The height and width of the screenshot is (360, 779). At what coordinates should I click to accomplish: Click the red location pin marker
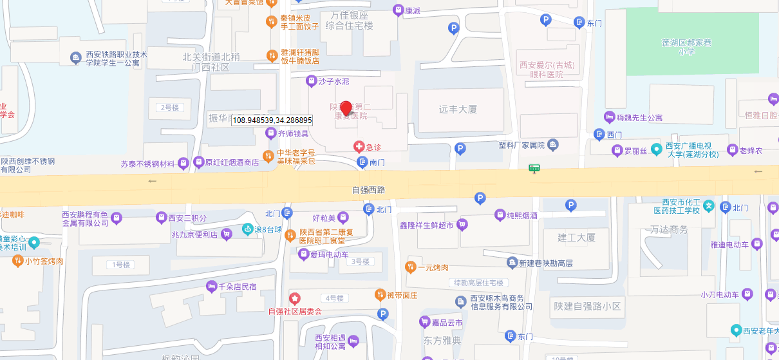(x=346, y=108)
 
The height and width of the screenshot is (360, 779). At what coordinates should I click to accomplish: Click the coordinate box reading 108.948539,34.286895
(x=272, y=120)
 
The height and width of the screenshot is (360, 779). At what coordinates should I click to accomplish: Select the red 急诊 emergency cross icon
(x=359, y=147)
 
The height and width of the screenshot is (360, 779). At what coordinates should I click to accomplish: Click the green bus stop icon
(x=534, y=168)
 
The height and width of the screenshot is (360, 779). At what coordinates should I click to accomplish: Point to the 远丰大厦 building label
(x=458, y=109)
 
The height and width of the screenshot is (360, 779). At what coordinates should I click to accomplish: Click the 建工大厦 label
(x=577, y=238)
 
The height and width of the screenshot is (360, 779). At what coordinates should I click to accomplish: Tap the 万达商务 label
(x=669, y=229)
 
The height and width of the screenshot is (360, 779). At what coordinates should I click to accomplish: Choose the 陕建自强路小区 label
(x=588, y=307)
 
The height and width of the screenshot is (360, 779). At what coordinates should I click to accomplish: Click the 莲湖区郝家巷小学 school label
(x=686, y=47)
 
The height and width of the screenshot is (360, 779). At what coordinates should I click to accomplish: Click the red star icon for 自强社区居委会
(x=295, y=298)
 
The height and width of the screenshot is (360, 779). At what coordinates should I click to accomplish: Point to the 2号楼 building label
(x=171, y=107)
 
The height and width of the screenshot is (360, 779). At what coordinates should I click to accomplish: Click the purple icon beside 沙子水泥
(x=311, y=81)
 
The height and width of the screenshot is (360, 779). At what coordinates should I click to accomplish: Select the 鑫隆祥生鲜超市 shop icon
(x=462, y=225)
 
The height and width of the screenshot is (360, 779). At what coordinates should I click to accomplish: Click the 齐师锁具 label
(x=293, y=133)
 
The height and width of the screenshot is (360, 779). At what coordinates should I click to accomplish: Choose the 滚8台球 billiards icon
(x=247, y=229)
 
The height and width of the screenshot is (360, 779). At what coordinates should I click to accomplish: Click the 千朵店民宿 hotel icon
(x=211, y=287)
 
